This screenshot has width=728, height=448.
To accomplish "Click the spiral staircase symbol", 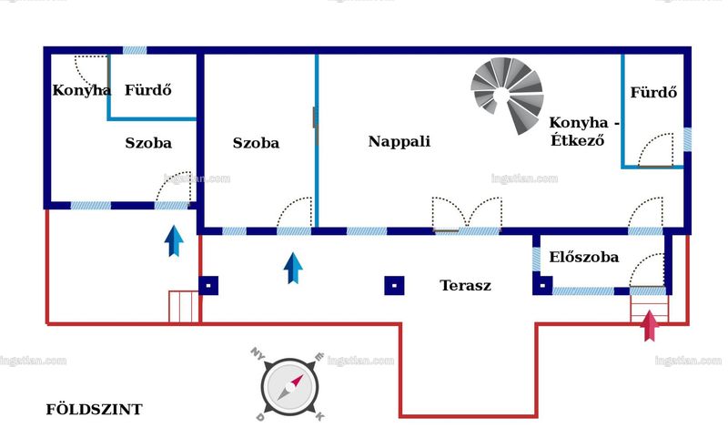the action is pos(507,96).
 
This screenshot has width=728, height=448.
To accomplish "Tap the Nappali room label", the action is pos(399,141).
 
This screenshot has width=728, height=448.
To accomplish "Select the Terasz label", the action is pos(465,285).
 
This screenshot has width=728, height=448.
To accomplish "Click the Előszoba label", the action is pos(583,257).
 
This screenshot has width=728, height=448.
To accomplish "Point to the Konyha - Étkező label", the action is pos(583,131).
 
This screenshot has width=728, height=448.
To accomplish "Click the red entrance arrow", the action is pos(650,325).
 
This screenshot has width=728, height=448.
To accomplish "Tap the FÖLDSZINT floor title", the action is pos(94,410).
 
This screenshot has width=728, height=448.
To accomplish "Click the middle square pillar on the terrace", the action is pos(394,286).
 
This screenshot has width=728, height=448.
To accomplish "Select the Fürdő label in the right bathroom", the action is pos(653,92).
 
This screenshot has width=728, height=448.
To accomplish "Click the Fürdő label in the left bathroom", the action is pos(148,90).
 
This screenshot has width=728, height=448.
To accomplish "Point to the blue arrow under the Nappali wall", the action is pos(293,268).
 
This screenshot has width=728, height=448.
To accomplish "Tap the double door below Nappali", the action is pos(467,214).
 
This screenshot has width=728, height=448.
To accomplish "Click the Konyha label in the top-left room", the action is pos(81,90).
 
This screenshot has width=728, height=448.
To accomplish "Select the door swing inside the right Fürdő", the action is pos(655,149).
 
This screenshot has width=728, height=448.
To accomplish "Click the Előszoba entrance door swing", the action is pos(647,270).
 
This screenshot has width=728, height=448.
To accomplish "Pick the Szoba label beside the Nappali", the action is pos(256,143).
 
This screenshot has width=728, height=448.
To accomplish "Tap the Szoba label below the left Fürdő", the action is pos(148,143).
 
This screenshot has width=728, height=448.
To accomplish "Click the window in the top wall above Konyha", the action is pos(135,50).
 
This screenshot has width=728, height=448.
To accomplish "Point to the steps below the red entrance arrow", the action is pos(650,309).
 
